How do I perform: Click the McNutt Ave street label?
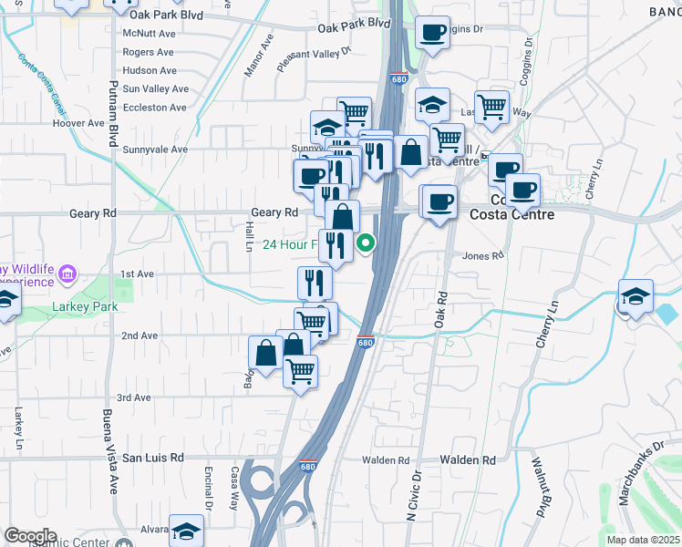coord(148,33)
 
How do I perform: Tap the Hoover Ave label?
coord(78,123)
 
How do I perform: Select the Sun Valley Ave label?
coord(155,88)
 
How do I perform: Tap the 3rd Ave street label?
coord(133,397)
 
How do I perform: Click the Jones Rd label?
coord(483,256)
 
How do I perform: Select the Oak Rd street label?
coord(440,310)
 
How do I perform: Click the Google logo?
coord(30,536)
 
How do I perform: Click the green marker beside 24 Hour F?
coord(366,243)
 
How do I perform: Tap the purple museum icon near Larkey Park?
coord(67,273)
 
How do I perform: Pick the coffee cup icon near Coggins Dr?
coord(432,33)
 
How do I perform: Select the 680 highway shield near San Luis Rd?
coord(310,465)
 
